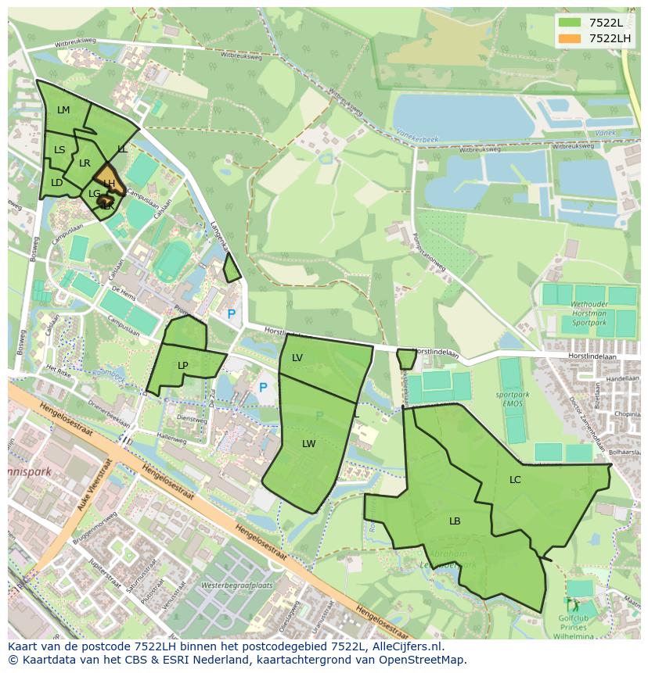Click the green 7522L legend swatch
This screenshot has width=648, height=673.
(x=570, y=23)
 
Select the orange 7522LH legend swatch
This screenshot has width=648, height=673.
(x=570, y=38)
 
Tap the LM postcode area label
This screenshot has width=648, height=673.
(x=63, y=110)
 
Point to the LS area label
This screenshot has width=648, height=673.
(x=59, y=150)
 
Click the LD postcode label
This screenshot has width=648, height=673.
(x=56, y=183)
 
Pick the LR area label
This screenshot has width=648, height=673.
(x=85, y=163)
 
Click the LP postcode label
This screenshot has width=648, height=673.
(x=183, y=366)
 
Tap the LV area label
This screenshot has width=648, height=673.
(x=297, y=358)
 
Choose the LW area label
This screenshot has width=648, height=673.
(x=309, y=444)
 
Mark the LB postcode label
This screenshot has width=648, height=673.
(x=455, y=521)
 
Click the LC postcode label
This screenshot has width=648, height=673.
(x=515, y=480)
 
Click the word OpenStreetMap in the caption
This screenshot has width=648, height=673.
(x=420, y=660)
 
